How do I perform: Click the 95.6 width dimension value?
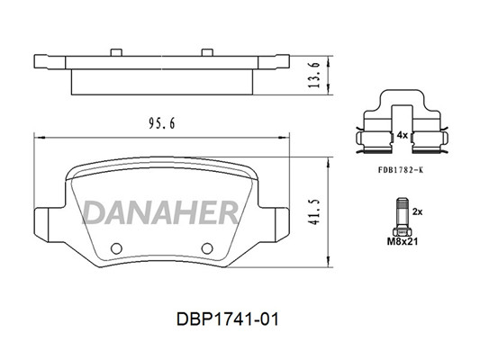(161, 123)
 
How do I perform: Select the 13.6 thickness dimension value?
(314, 75)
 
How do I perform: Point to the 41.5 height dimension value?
(314, 212)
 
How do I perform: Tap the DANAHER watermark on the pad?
(159, 212)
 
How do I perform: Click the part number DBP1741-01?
(228, 319)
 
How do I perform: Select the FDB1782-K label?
(401, 170)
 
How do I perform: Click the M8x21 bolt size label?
(403, 241)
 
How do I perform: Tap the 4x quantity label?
(403, 135)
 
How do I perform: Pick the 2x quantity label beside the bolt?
(417, 211)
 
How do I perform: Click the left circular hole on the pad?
(117, 248)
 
